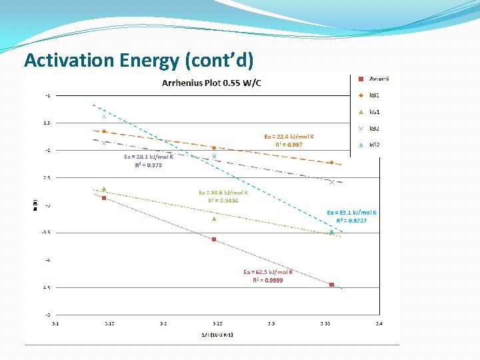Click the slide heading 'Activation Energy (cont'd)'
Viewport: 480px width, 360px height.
click(139, 61)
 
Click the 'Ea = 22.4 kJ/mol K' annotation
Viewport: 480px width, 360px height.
click(289, 137)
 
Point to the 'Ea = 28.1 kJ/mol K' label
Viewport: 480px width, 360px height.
click(149, 157)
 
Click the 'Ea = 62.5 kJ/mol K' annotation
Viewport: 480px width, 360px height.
click(268, 272)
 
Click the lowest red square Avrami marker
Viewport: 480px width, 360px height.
click(332, 285)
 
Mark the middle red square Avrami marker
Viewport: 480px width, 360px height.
click(214, 239)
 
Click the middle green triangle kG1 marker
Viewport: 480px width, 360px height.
click(214, 218)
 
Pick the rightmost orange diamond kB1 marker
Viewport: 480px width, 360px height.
click(332, 163)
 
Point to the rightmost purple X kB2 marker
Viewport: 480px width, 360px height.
click(332, 182)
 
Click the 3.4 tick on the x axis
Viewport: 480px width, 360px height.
click(379, 324)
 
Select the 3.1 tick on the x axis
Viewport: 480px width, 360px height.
click(55, 324)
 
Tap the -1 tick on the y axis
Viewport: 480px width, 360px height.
click(47, 95)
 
